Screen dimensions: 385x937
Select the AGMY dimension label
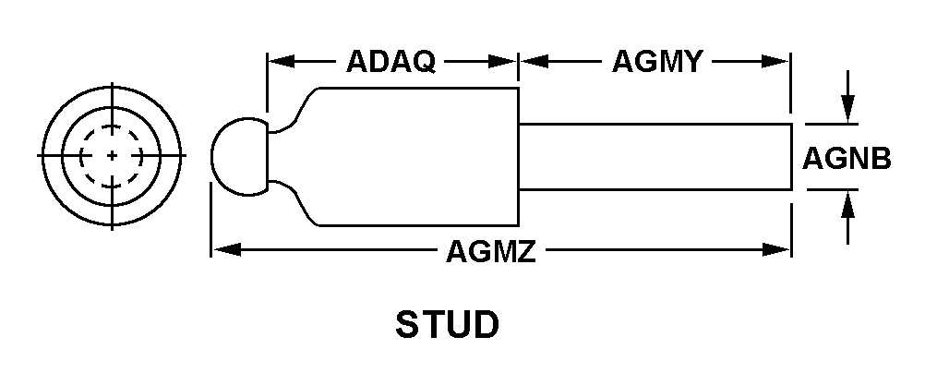pos(658,62)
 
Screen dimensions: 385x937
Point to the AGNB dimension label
pos(847,158)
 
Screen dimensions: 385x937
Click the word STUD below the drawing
pos(448,325)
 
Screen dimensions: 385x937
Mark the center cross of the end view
pos(112,155)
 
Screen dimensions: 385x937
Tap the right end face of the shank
pos(790,157)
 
